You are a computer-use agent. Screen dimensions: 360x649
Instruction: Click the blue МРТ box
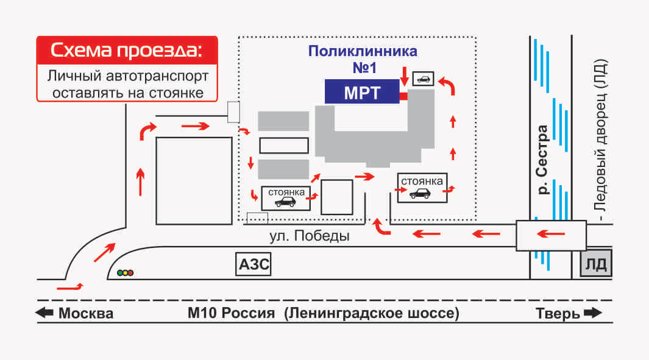(361, 92)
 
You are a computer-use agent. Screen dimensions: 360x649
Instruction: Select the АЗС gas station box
(253, 265)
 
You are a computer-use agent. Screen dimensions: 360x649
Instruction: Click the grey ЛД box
(595, 265)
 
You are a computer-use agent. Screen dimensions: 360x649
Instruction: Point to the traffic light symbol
(126, 273)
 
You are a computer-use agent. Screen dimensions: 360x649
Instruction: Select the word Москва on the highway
(85, 314)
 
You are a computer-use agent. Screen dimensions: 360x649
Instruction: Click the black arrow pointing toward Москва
(44, 314)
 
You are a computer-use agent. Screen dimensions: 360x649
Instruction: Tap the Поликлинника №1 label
(363, 57)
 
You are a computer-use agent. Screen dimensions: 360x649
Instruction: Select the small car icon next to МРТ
(423, 78)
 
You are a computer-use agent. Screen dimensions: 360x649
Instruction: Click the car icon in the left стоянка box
(285, 202)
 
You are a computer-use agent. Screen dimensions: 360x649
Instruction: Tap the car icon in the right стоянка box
(421, 193)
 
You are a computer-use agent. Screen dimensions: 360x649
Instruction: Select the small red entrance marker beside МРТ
(403, 96)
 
